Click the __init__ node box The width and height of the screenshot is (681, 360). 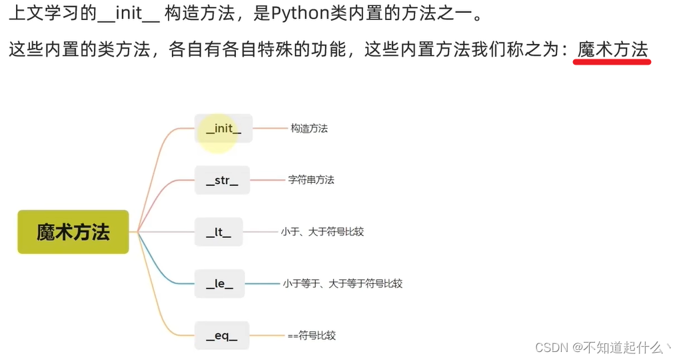(x=224, y=128)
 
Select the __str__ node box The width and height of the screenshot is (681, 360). (x=222, y=180)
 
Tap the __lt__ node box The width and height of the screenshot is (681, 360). (x=219, y=232)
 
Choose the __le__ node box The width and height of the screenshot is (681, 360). (x=219, y=283)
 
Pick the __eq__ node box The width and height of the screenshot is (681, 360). (x=221, y=335)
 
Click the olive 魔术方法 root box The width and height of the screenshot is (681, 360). (x=73, y=232)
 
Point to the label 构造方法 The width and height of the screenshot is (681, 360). (x=309, y=128)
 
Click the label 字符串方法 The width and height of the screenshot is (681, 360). (x=311, y=180)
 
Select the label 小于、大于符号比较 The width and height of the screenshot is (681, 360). (x=323, y=232)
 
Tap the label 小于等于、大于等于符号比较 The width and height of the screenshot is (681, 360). (x=342, y=283)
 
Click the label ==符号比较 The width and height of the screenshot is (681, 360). (x=312, y=335)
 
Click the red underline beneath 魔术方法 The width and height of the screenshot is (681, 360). (x=612, y=62)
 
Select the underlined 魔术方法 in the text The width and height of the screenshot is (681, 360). (x=612, y=49)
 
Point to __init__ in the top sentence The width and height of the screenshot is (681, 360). (x=133, y=14)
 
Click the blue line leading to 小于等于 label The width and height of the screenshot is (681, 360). (x=263, y=283)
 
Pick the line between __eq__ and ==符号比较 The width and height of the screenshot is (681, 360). (x=267, y=335)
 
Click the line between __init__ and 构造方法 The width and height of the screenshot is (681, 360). (x=269, y=128)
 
